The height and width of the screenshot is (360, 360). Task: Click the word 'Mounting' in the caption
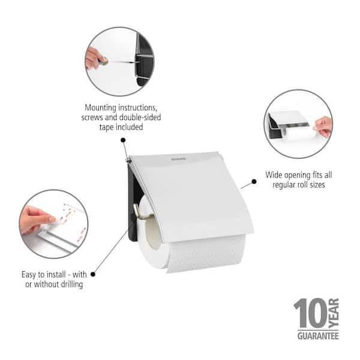click(x=101, y=108)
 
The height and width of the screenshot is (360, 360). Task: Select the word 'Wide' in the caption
click(x=274, y=175)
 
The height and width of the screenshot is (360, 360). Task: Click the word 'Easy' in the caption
click(x=29, y=275)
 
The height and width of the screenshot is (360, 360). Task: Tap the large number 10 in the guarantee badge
click(x=310, y=313)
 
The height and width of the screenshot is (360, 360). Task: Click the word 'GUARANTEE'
click(x=318, y=336)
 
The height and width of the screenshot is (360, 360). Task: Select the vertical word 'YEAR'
click(x=334, y=313)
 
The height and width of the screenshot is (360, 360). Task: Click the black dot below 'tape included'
click(x=123, y=140)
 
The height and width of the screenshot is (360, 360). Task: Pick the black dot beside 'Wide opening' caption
click(x=254, y=182)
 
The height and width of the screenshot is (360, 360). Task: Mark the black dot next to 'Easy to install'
click(x=93, y=274)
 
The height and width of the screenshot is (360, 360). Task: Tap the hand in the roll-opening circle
click(x=323, y=127)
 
